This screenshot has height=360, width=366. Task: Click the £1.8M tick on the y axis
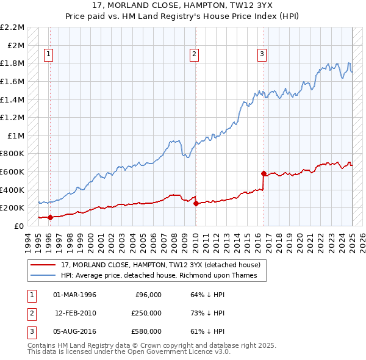(x=13, y=63)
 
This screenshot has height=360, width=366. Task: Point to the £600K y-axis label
(x=12, y=171)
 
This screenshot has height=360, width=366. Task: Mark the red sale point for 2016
(x=264, y=173)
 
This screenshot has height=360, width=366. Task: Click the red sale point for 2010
(x=196, y=203)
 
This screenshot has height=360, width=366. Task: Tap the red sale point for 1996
(x=50, y=217)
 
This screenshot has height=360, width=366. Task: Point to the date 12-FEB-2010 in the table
(x=75, y=313)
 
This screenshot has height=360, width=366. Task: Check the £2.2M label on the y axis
(x=12, y=27)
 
